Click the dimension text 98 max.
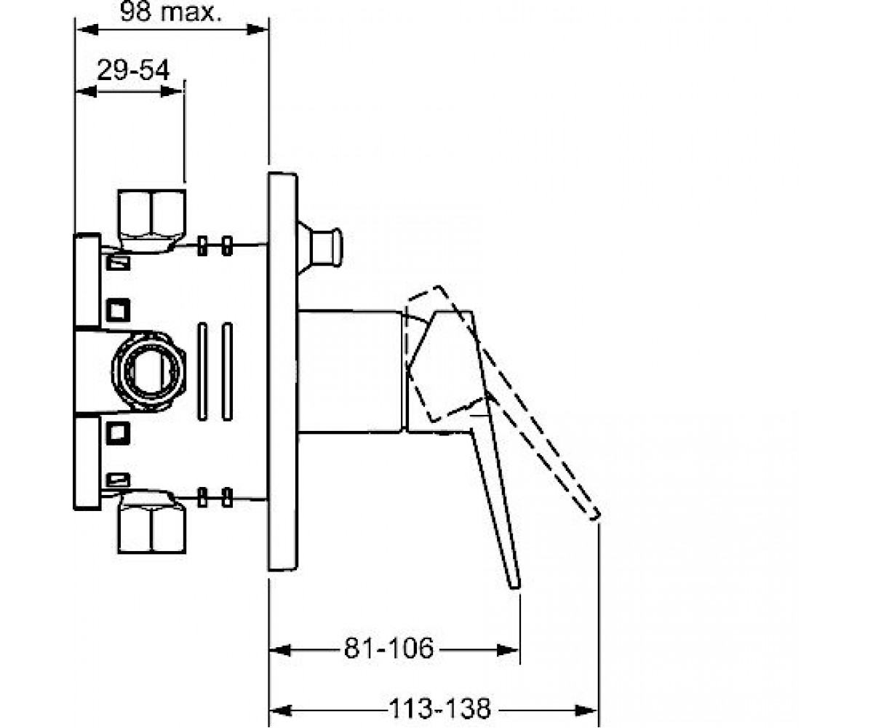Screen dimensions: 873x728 pyautogui.click(x=170, y=12)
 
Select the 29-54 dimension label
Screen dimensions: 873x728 pyautogui.click(x=133, y=70)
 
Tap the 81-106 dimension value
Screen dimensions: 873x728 pyautogui.click(x=388, y=648)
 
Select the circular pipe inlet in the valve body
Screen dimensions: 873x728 pyautogui.click(x=149, y=371)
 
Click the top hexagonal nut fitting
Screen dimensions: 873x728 pyautogui.click(x=151, y=221)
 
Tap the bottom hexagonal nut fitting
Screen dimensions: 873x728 pyautogui.click(x=151, y=523)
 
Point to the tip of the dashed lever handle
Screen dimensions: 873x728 pyautogui.click(x=595, y=516)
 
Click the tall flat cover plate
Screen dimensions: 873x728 pyautogui.click(x=283, y=371)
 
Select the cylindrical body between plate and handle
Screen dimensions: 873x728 pyautogui.click(x=351, y=371)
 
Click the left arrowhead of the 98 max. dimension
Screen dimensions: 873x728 pyautogui.click(x=87, y=30)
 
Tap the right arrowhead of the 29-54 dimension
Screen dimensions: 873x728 pyautogui.click(x=172, y=92)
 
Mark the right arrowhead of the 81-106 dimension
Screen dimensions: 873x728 pyautogui.click(x=508, y=650)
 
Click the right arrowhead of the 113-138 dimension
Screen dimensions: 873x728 pyautogui.click(x=586, y=711)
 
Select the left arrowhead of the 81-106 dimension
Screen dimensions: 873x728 pyautogui.click(x=281, y=650)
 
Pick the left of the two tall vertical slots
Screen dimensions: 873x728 pyautogui.click(x=202, y=371)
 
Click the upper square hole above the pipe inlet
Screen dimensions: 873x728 pyautogui.click(x=118, y=310)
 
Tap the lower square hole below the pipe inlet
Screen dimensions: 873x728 pyautogui.click(x=118, y=432)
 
